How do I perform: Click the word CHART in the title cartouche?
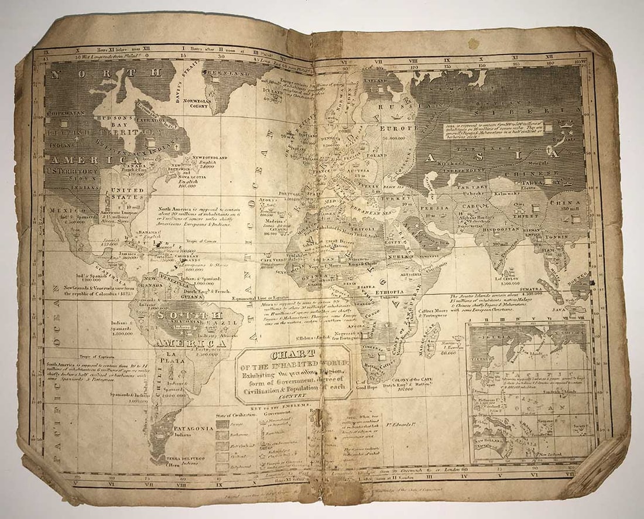(293, 354)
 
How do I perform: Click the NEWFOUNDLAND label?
(210, 158)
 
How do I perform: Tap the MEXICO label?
(59, 209)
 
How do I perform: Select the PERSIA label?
(433, 207)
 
